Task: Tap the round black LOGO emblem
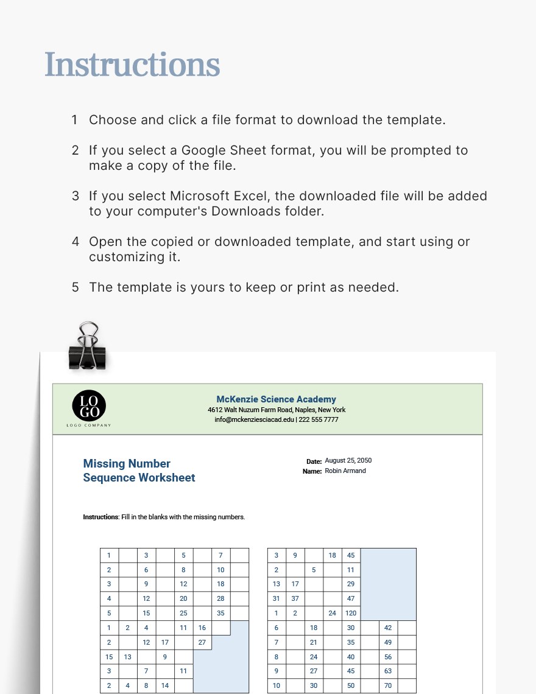click(x=89, y=405)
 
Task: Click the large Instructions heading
click(x=132, y=65)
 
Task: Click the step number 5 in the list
click(x=76, y=287)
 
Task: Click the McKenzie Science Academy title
click(x=276, y=399)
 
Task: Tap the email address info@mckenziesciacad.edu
click(x=254, y=419)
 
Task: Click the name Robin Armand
click(x=345, y=471)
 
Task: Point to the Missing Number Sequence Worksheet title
click(x=139, y=471)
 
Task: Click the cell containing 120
click(x=351, y=613)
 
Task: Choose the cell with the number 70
click(x=388, y=685)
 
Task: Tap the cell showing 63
click(x=388, y=671)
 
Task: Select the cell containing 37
click(x=295, y=598)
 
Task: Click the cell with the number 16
click(x=202, y=628)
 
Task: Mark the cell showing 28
click(x=220, y=598)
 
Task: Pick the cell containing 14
click(x=165, y=685)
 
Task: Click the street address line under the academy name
click(x=277, y=410)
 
